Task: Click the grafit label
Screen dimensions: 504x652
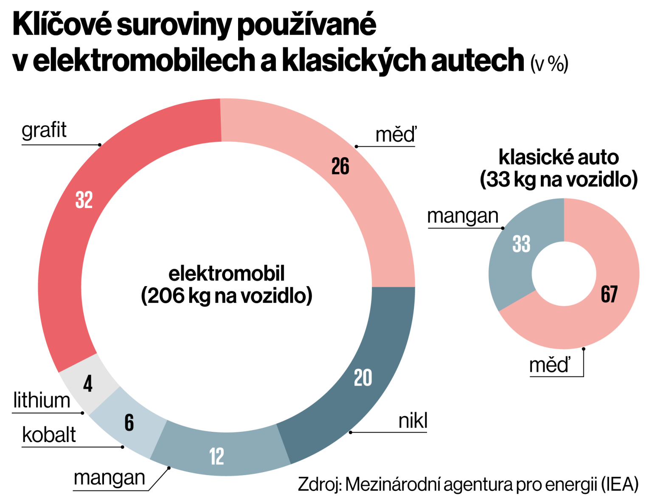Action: (x=44, y=130)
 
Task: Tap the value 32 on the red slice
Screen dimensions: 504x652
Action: (x=84, y=200)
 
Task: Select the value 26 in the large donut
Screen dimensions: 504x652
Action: (x=340, y=166)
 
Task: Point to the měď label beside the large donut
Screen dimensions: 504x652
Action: (x=396, y=135)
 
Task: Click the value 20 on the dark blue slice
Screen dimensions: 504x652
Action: (x=363, y=378)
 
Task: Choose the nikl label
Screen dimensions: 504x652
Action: (x=413, y=421)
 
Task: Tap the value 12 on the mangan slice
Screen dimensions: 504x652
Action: (x=216, y=457)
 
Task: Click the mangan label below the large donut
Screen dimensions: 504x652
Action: (x=110, y=478)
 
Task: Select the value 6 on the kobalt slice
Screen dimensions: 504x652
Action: (x=129, y=423)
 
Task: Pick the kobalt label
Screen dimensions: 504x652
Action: (x=49, y=435)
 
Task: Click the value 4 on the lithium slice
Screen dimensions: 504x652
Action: (x=88, y=384)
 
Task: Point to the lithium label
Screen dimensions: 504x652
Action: (x=42, y=401)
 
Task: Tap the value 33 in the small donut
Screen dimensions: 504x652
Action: (x=521, y=244)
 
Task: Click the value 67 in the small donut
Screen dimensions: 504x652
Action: (x=609, y=294)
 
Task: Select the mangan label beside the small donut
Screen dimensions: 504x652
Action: (x=463, y=216)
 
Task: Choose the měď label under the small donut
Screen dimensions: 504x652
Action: (x=550, y=366)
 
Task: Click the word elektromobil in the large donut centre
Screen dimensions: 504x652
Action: (x=227, y=274)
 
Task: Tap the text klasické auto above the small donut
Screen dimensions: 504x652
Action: (x=559, y=158)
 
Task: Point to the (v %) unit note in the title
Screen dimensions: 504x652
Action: (x=549, y=64)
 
